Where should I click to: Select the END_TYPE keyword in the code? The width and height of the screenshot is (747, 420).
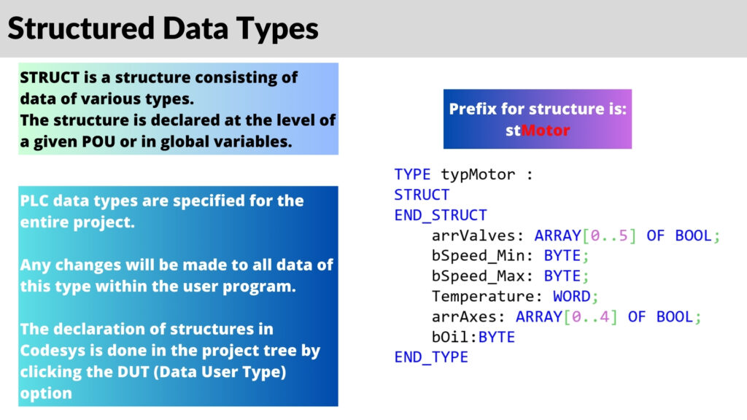click(x=431, y=357)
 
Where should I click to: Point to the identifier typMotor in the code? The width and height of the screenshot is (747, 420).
click(x=478, y=174)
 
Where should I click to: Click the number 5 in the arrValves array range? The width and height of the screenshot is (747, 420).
click(x=622, y=236)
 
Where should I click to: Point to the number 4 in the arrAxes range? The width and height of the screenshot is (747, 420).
click(x=603, y=317)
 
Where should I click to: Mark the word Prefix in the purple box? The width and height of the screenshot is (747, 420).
click(x=471, y=109)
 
